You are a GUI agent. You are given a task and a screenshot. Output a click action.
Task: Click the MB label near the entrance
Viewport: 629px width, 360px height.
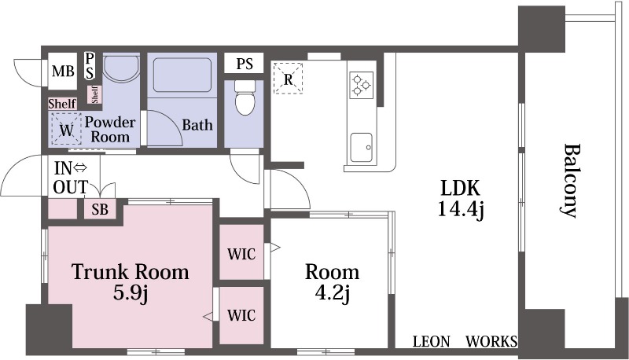[x=64, y=72]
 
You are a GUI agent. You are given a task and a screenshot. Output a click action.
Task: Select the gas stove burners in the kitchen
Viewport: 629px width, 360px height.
[x=362, y=85]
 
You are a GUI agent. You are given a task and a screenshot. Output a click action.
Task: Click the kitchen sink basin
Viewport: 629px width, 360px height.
[x=361, y=147]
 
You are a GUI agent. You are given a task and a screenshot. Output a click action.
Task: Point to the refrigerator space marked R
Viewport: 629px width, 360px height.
[x=288, y=78]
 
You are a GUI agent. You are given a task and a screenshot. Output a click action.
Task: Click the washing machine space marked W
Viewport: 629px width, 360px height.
[x=67, y=130]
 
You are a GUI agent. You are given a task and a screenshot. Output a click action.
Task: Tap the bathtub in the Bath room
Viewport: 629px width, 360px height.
[x=182, y=75]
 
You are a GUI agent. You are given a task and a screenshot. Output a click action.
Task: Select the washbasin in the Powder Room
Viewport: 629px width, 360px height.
[x=122, y=68]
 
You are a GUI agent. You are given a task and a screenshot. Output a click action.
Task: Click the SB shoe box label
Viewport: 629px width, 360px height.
[x=100, y=209]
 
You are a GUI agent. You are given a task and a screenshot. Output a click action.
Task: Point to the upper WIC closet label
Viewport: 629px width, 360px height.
[x=241, y=254]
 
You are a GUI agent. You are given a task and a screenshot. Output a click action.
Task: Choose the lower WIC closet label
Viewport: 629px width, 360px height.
[x=241, y=315]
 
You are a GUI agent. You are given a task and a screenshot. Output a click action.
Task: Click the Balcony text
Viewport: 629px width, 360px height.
[x=569, y=181]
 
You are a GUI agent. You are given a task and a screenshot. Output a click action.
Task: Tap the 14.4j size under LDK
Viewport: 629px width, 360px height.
[x=461, y=208]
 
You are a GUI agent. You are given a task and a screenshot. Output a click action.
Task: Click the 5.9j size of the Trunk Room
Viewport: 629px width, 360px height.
[x=131, y=292]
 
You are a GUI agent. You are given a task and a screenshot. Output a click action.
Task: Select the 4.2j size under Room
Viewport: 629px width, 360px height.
[x=332, y=293]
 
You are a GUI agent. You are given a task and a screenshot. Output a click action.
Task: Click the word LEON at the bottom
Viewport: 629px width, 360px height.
[x=431, y=342]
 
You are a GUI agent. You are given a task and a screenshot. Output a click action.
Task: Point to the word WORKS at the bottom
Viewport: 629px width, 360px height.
[x=491, y=342]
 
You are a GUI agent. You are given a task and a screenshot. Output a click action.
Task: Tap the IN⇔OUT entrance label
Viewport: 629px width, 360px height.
[x=71, y=178]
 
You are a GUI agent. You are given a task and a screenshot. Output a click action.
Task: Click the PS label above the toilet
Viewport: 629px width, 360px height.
[x=245, y=64]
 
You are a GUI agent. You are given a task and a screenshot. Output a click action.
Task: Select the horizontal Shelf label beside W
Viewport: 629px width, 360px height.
[x=62, y=104]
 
